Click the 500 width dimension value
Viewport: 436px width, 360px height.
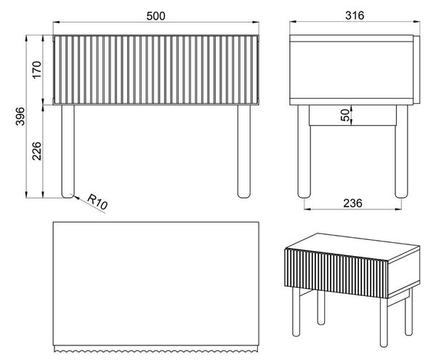coord(156,16)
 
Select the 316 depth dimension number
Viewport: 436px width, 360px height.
coord(355,15)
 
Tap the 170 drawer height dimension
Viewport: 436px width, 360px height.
coord(37,70)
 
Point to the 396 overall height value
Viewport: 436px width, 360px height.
coord(20,116)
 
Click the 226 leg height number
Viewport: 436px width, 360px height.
coord(37,151)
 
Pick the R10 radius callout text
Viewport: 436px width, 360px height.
coord(97,201)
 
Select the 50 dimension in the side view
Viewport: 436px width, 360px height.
coord(344,115)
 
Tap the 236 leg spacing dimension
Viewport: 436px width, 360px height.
coord(352,204)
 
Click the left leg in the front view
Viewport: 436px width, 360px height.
coord(68,151)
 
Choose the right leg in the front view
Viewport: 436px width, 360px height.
coord(244,151)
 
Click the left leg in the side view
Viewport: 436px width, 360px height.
coord(304,151)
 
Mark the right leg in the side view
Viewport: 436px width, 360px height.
coord(401,151)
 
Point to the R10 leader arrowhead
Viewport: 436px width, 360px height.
coord(76,198)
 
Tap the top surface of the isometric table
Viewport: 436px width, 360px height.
coord(353,247)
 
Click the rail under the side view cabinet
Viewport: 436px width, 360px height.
coord(352,115)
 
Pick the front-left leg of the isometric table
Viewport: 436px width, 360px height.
coord(296,312)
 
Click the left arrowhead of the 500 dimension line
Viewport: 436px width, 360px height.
coord(57,22)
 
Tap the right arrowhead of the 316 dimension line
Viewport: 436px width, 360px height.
coord(416,21)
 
